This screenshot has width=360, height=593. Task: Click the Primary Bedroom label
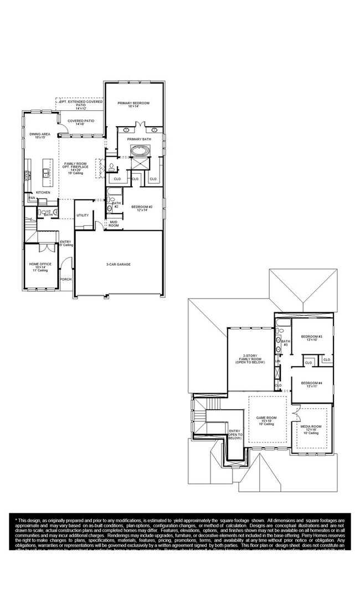point(133,104)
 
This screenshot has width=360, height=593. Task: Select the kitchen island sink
point(47,173)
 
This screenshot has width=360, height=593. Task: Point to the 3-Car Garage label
point(119,264)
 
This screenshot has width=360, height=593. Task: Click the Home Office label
point(40,265)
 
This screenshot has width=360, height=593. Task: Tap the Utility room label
point(83,215)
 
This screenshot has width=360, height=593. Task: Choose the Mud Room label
point(114,224)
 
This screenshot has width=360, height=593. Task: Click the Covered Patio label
point(81,121)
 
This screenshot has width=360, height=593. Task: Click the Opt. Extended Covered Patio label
point(81,102)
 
